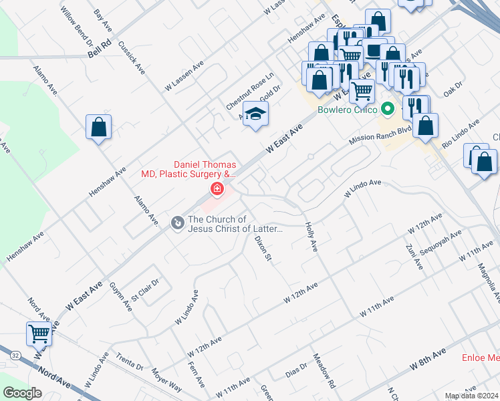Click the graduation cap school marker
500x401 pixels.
coord(255,115)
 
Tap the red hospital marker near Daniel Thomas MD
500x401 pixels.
coord(217,190)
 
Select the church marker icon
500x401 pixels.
coord(177,222)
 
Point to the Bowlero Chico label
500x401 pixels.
coord(347,109)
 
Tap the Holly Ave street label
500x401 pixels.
coord(310,237)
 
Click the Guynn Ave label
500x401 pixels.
coord(121,296)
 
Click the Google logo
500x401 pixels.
coord(22,392)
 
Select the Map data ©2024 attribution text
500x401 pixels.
coord(471,396)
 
